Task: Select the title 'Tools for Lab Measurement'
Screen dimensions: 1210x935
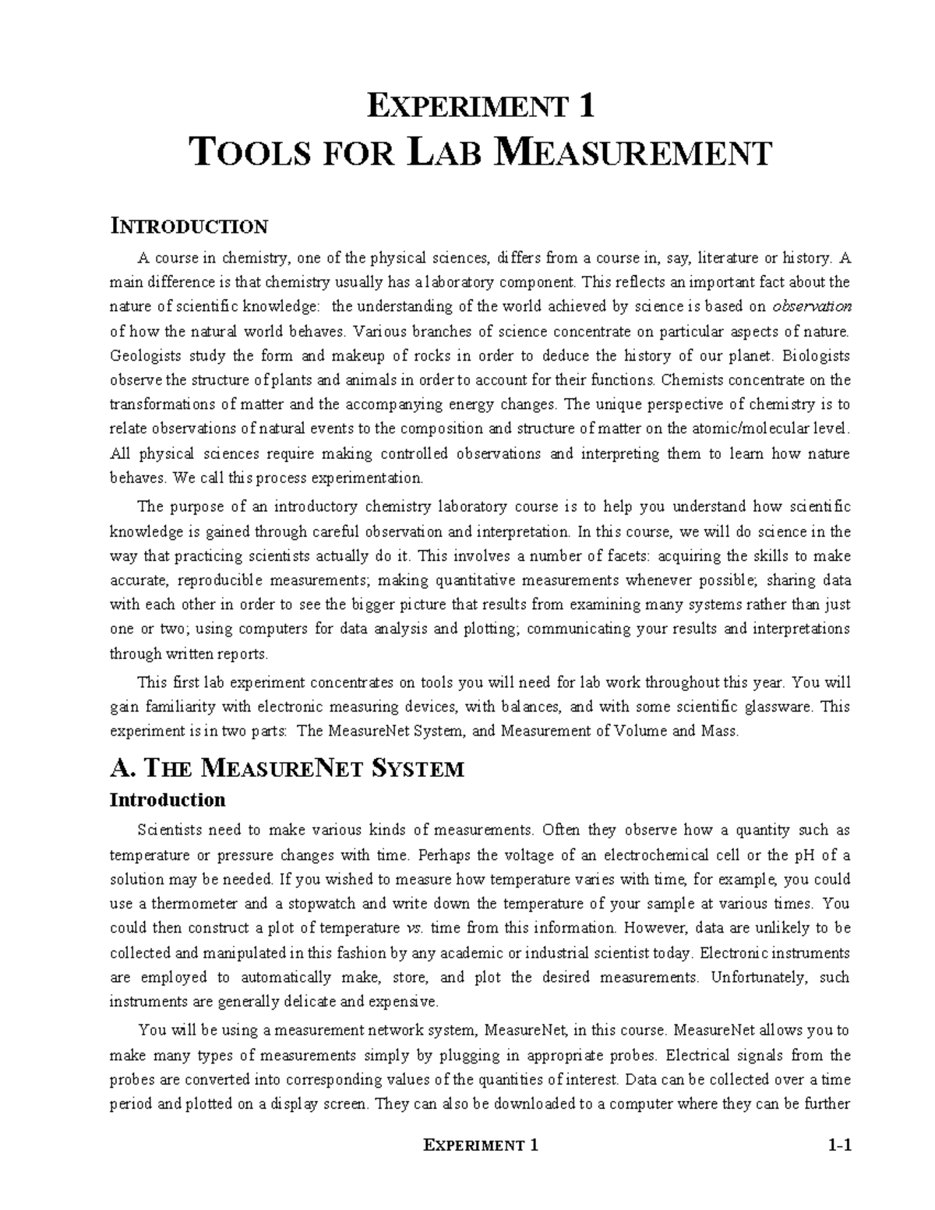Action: [481, 153]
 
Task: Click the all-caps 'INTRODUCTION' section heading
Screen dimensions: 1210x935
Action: [189, 227]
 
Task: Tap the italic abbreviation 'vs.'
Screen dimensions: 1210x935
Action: [415, 928]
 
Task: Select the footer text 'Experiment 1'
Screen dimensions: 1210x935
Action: [480, 1145]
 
